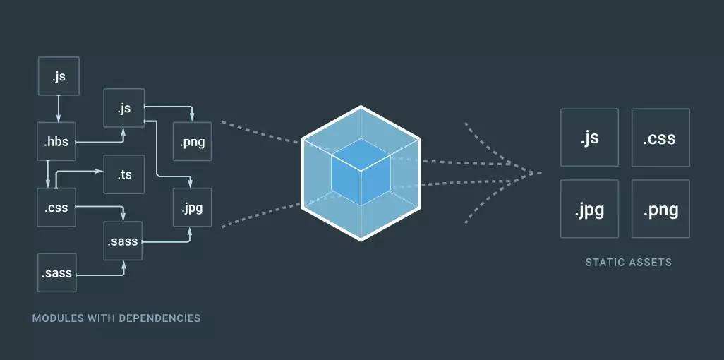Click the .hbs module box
pos(56,142)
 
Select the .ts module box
pos(124,174)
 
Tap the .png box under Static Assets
pos(660,209)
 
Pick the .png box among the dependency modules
pos(192,142)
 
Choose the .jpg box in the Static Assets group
pos(589,209)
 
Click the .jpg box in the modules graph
pos(192,208)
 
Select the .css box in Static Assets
pos(660,137)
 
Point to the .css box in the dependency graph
pos(56,207)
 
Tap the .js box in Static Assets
pos(589,137)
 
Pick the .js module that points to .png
pos(124,109)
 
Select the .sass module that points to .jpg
pos(124,241)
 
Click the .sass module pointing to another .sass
pos(57,272)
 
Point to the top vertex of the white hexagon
pos(361,107)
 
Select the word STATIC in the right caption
pos(601,263)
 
